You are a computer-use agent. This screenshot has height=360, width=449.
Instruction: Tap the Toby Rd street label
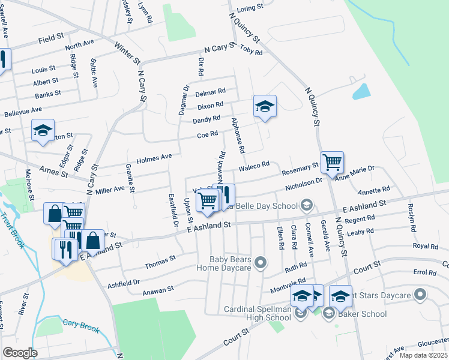tap(251, 52)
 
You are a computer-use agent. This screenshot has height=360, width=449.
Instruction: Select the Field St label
tap(51, 38)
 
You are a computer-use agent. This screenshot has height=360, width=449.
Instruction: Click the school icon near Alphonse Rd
tap(265, 107)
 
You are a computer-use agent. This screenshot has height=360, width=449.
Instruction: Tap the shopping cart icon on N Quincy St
tap(332, 162)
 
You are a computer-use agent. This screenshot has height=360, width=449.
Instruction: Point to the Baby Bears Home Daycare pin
tap(261, 263)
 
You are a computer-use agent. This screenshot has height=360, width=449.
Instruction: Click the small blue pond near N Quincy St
tap(361, 91)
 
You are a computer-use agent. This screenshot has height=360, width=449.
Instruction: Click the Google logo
tap(20, 353)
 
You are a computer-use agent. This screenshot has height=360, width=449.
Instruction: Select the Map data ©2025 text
tap(423, 355)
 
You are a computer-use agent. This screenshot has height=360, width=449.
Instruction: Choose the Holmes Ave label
tap(154, 158)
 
